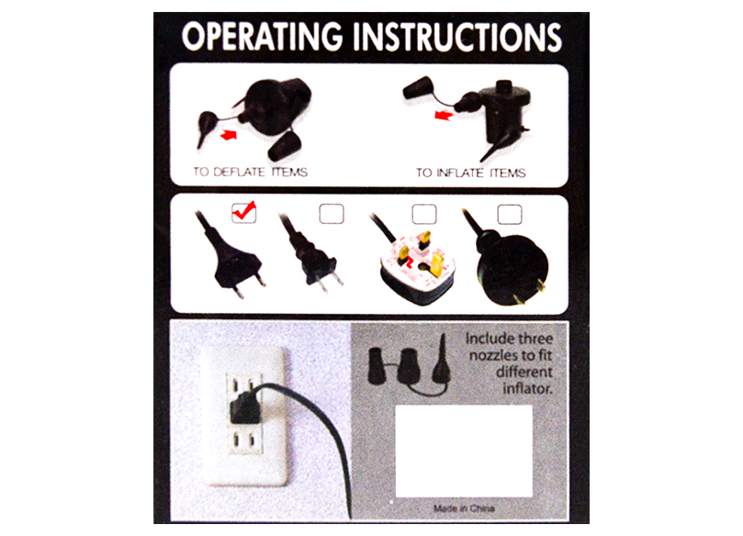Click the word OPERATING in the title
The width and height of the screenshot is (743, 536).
click(262, 37)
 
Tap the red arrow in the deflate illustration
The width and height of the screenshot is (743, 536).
click(229, 136)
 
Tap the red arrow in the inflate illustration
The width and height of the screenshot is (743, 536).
click(444, 115)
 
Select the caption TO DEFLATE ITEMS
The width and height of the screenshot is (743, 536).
click(250, 172)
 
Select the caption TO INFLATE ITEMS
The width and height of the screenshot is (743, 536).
click(470, 173)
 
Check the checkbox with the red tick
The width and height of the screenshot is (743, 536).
click(244, 213)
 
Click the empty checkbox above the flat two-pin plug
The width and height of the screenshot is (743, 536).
click(332, 214)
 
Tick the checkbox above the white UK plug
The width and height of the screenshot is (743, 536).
click(424, 214)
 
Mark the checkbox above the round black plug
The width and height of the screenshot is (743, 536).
click(510, 214)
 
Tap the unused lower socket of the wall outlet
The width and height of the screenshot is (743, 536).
click(245, 441)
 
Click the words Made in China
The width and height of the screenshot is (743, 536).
click(464, 508)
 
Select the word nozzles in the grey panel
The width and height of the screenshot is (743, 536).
click(490, 355)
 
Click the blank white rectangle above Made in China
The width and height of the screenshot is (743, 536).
click(464, 451)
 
